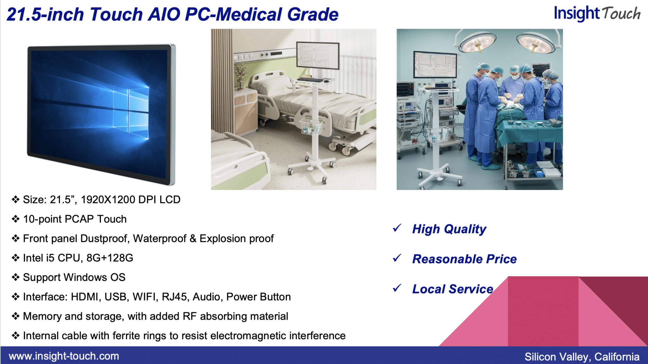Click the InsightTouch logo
click(x=597, y=14)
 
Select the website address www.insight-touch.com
click(x=64, y=356)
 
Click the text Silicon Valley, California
click(x=582, y=357)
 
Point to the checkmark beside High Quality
click(x=397, y=228)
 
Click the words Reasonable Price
click(x=464, y=259)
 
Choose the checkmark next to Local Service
click(x=397, y=288)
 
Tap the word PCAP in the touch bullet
click(x=79, y=219)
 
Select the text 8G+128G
click(x=110, y=258)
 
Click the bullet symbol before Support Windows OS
click(x=16, y=277)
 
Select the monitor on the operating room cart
click(x=435, y=65)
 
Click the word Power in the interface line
click(x=240, y=297)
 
